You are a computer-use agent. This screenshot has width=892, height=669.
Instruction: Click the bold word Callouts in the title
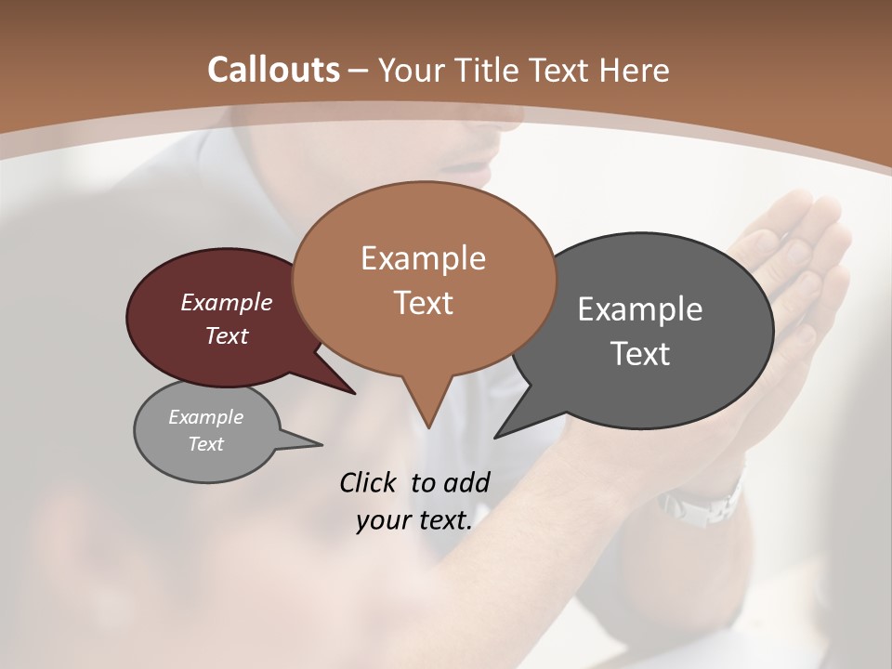[273, 70]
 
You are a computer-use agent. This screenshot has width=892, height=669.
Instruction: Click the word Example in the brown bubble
[423, 258]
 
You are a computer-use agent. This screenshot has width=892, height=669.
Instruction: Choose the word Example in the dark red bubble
[227, 302]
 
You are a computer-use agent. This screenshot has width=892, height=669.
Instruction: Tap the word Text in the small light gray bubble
[205, 444]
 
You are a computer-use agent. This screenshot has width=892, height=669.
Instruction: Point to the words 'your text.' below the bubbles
[414, 520]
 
